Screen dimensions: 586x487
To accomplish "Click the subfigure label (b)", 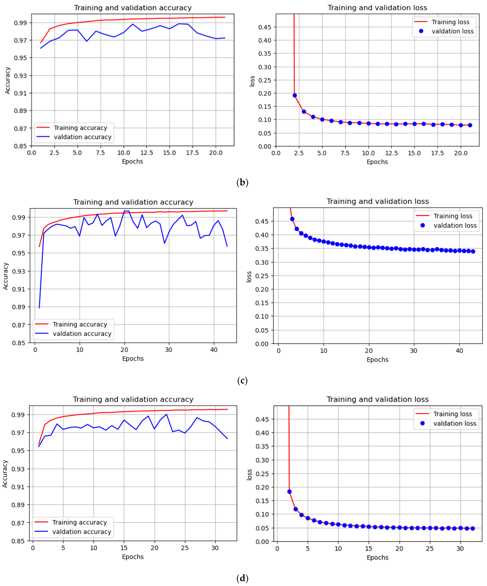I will click(242, 182).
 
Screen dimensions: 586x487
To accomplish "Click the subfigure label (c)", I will click(242, 380).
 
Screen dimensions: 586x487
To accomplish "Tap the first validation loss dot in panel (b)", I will click(294, 95).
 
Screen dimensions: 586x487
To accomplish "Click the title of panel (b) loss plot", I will click(377, 8).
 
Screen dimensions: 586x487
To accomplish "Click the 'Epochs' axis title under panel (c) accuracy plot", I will click(133, 359).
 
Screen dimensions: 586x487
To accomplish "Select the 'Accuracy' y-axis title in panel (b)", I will click(8, 80).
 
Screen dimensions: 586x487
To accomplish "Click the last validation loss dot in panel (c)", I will click(473, 251).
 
